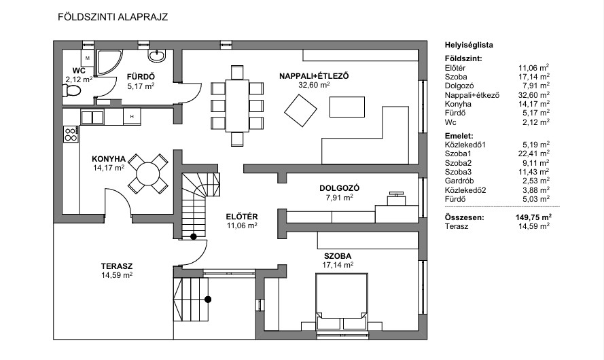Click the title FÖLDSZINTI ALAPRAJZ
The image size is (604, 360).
click(113, 18)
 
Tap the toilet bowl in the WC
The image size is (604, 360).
click(71, 90)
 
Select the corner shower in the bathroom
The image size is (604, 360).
click(108, 62)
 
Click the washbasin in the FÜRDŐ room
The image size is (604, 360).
click(157, 56)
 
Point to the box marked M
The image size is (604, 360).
click(88, 58)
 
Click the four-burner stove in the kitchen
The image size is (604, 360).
click(71, 134)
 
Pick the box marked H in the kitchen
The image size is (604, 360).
click(132, 116)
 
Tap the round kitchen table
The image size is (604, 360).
click(148, 174)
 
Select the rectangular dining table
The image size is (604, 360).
click(237, 105)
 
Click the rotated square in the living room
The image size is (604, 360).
click(300, 111)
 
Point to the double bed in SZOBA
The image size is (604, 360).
click(341, 302)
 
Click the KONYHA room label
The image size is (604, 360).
click(109, 159)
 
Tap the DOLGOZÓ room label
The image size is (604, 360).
click(339, 188)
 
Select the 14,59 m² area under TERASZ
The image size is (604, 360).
click(117, 275)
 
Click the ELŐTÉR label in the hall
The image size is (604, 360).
click(242, 217)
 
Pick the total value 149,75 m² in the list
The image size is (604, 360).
click(533, 217)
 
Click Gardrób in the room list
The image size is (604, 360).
click(459, 181)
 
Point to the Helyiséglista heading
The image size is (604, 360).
click(469, 45)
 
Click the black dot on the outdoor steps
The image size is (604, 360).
click(208, 299)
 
